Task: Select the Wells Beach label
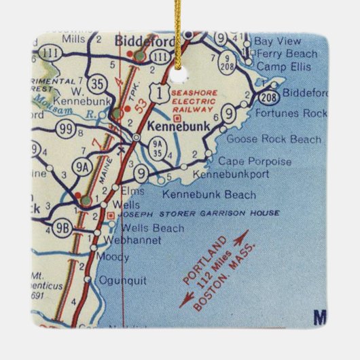[x=140, y=228]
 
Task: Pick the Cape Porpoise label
[x=245, y=162]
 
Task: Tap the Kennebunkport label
[x=231, y=174]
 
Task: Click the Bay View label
[x=277, y=41]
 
